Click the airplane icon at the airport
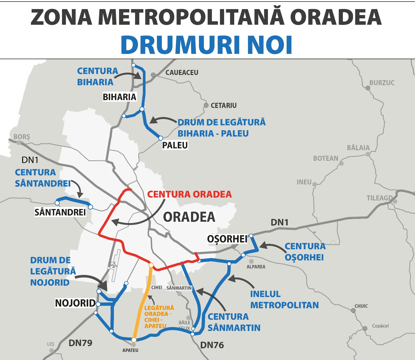coord(113,265)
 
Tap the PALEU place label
coord(175,145)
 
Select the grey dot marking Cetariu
coord(206,105)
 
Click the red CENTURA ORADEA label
coord(189,194)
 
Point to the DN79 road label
coord(80,343)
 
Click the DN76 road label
coord(212,345)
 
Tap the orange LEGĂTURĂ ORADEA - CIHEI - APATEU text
coord(159,317)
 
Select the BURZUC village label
coord(382,83)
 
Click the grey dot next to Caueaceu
coord(153,75)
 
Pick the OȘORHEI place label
coord(227,239)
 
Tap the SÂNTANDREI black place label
coord(60,212)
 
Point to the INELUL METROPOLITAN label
coord(284,300)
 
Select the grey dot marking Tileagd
coord(395,201)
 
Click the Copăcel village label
coord(380,326)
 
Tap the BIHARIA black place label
coord(119,97)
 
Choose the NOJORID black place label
coord(75,303)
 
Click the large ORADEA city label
coord(189,217)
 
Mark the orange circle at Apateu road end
coord(134,340)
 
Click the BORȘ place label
coord(22,137)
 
